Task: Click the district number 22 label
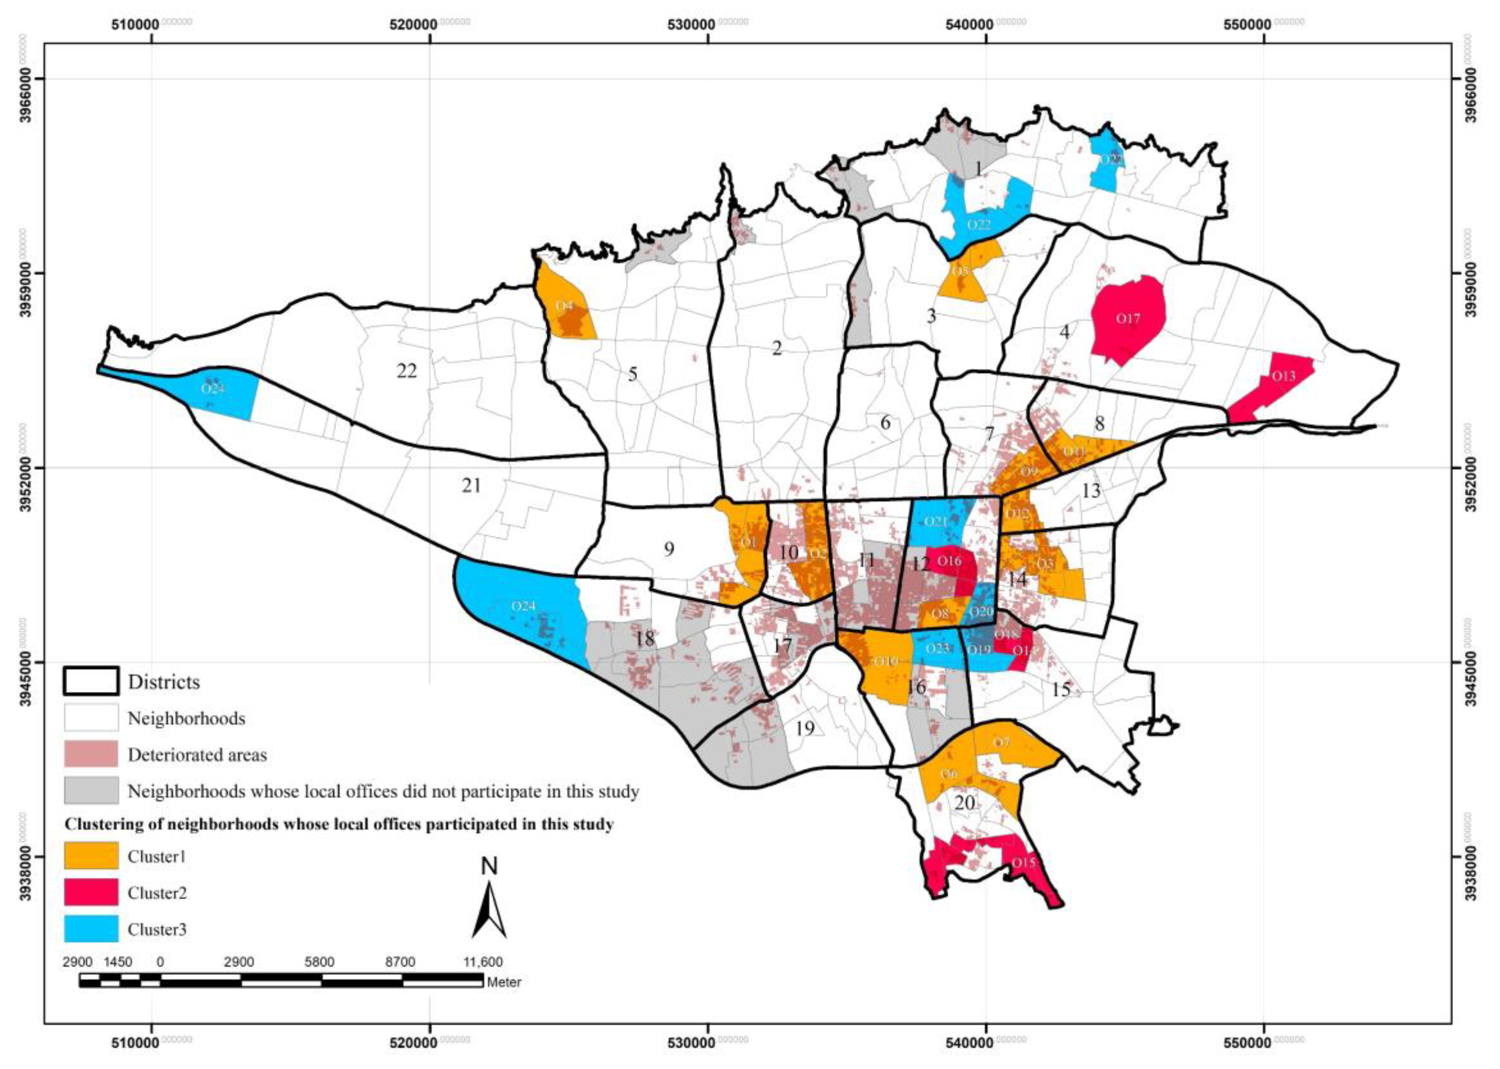pos(407,371)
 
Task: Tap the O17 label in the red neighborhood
pos(1127,319)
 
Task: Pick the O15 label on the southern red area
pos(1023,862)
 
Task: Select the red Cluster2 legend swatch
pos(91,892)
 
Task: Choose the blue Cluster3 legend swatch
pos(91,929)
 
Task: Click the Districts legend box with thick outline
pos(91,681)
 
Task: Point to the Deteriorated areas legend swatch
pos(91,754)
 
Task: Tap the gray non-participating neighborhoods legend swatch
pos(91,790)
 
